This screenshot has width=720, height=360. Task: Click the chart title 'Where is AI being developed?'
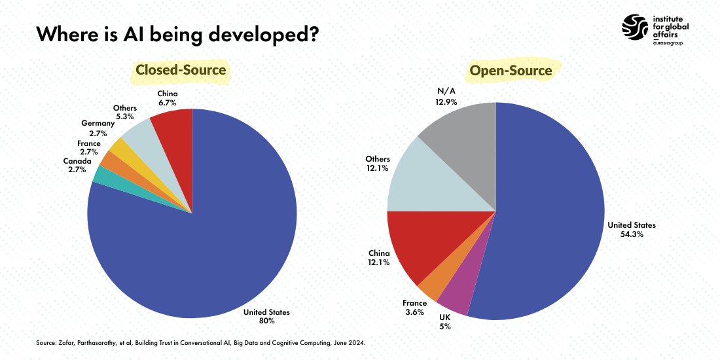click(177, 34)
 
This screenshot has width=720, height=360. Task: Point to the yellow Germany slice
click(119, 147)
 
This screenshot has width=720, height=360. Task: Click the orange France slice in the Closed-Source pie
click(107, 160)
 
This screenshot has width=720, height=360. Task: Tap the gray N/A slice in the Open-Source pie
click(465, 144)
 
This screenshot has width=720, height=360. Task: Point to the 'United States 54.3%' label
click(631, 229)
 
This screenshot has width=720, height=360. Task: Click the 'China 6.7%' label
click(168, 98)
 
